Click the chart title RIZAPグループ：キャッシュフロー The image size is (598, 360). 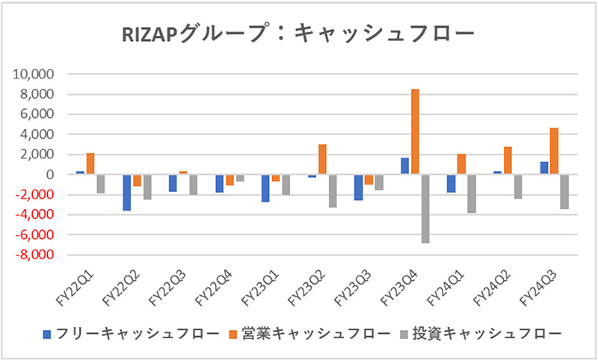coord(298,34)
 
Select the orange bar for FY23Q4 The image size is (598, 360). coord(415,132)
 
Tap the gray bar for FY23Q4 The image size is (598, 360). coord(425,208)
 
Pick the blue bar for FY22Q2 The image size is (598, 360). coord(127,193)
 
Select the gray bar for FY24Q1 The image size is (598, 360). coord(471,193)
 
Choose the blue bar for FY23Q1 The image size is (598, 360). coord(266,188)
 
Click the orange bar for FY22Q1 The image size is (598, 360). coord(90,164)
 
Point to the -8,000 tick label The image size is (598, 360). coord(34,255)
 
